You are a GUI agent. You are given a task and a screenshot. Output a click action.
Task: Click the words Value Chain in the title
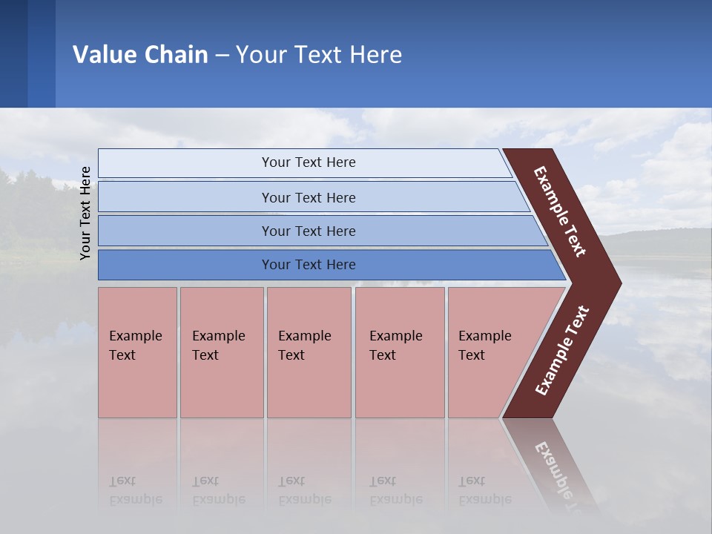(x=140, y=55)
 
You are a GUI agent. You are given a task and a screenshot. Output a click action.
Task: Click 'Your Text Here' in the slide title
(x=319, y=55)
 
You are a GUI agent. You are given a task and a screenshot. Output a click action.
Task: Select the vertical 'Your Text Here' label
(x=85, y=213)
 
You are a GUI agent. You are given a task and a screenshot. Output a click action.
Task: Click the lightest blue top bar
(x=309, y=162)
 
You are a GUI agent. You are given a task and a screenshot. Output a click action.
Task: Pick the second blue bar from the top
(x=309, y=197)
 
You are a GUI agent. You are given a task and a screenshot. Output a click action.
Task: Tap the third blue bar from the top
(x=309, y=231)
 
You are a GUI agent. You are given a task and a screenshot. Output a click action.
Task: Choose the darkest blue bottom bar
(x=309, y=265)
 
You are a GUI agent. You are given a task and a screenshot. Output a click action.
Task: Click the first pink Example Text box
(x=137, y=352)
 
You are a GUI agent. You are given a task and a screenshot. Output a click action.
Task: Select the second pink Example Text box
(x=221, y=352)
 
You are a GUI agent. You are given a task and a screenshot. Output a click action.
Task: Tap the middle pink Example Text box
(x=309, y=352)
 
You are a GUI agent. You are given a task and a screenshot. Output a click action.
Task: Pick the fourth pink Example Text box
(x=399, y=352)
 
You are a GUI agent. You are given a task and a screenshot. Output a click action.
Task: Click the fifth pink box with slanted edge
(x=489, y=352)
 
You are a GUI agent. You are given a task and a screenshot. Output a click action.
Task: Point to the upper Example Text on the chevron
(x=560, y=211)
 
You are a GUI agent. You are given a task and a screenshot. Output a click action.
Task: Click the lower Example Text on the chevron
(x=562, y=351)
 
